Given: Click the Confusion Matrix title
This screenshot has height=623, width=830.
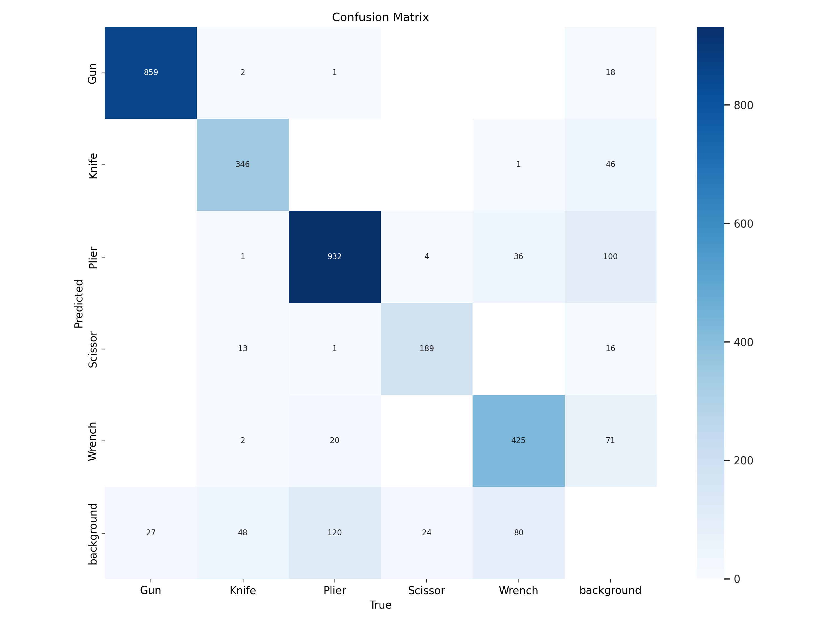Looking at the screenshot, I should tap(380, 17).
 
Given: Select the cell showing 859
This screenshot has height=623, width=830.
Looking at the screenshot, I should tap(151, 73).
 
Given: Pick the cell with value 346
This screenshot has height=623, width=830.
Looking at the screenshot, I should tap(242, 164).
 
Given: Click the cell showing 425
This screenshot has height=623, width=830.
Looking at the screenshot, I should tap(518, 441).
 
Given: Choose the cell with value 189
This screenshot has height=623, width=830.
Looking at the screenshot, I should tap(426, 349).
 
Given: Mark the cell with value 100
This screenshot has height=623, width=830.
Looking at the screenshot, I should tap(610, 256).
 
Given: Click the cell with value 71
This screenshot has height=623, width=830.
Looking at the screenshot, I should tap(610, 441).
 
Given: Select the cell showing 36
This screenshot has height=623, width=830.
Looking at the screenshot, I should tap(518, 256).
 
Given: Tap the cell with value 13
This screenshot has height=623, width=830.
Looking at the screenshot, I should tap(242, 349).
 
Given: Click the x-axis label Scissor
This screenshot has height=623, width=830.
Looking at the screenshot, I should tap(426, 590).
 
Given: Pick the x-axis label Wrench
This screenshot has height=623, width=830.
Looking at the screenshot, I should tap(518, 590).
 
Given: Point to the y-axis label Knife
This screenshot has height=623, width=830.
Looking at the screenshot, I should tap(93, 166).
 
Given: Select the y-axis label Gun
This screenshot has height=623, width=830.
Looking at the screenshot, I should tap(92, 73).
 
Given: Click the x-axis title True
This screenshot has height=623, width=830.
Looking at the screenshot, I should tap(380, 605).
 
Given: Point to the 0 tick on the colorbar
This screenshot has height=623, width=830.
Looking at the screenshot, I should tap(737, 579).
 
